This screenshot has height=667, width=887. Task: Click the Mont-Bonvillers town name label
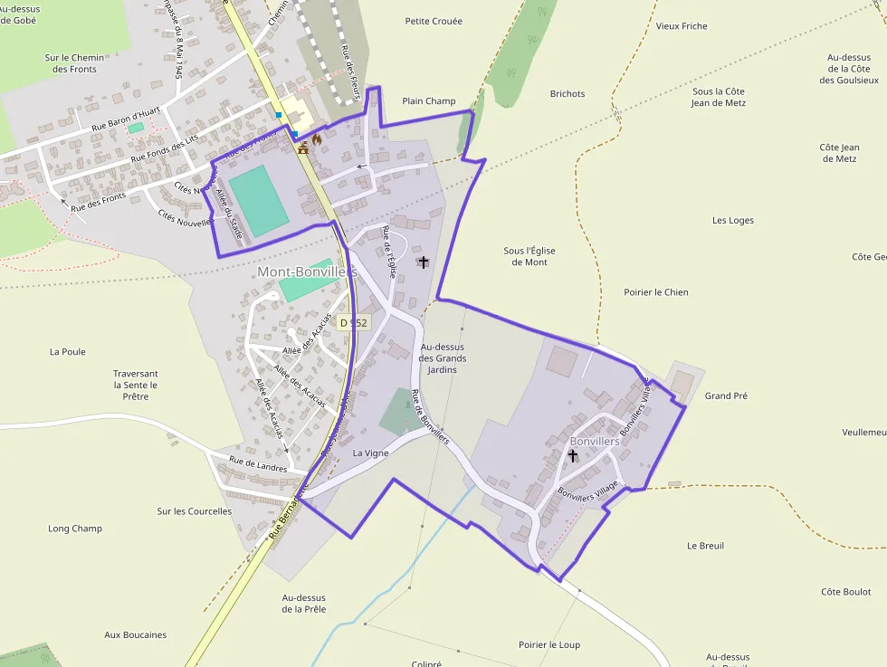coord(307,272)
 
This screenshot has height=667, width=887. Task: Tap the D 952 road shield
coord(354,322)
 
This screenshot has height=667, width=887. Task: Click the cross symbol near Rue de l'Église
coord(424,262)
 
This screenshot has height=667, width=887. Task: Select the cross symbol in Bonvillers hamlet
coord(573,456)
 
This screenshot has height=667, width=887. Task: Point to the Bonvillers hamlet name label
coord(595,442)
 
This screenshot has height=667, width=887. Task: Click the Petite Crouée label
coord(434,21)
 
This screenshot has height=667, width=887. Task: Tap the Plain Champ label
coord(429,101)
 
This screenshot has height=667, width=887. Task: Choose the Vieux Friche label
coord(682,26)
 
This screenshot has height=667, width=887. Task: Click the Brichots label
coord(567,93)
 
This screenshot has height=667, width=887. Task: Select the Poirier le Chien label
coord(656,292)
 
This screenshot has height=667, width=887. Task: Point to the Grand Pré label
coord(726,395)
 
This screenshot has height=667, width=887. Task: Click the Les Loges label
coord(733,220)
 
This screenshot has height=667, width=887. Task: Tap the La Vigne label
coord(370,453)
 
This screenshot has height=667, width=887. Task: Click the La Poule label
coord(68,351)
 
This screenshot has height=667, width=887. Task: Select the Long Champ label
coord(75,529)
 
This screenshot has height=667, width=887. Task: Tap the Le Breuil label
coord(705,546)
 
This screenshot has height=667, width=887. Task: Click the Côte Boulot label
coord(846,592)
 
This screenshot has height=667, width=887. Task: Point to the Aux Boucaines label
coord(136,635)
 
